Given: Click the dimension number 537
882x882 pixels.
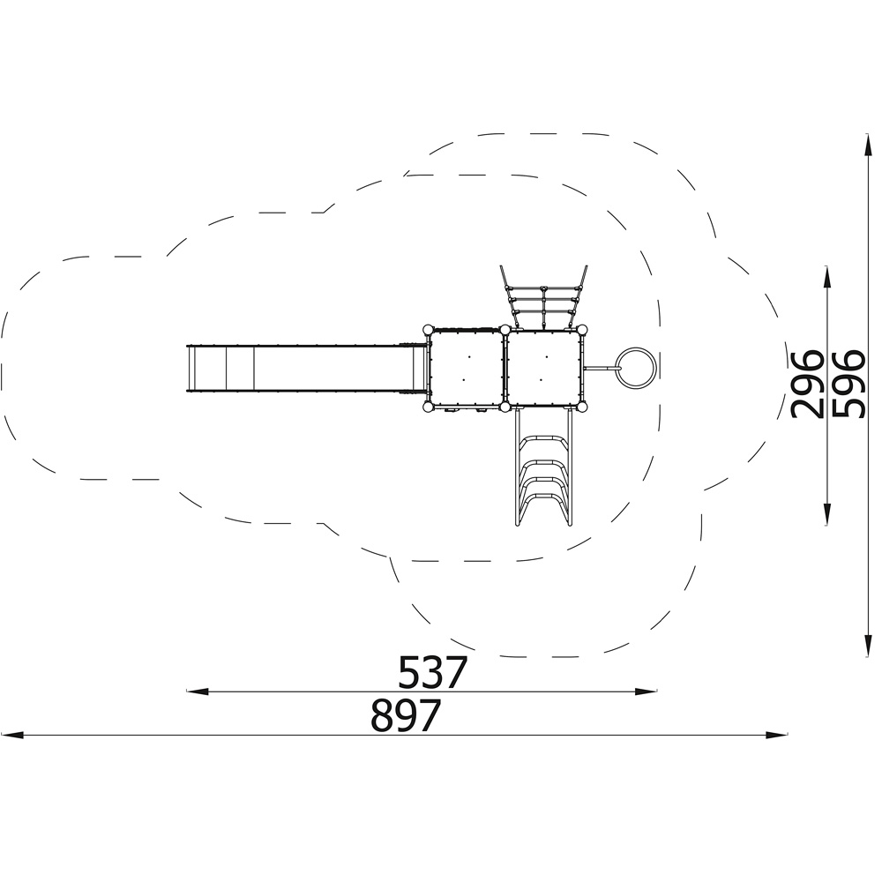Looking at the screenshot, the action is coord(432,672).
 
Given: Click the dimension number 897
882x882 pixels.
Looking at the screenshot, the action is coord(406,715).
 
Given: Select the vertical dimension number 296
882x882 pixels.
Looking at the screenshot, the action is coord(807,385).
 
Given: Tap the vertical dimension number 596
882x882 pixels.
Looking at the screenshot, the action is coord(848,385).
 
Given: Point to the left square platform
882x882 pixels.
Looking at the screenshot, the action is coord(465,368).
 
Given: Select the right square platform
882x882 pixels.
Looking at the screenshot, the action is coord(544,368).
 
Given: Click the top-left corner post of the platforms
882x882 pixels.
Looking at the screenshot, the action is coord(428,329).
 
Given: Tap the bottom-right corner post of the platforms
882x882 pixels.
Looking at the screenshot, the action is coord(583,407).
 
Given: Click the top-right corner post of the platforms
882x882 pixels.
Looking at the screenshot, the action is coord(583,329).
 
